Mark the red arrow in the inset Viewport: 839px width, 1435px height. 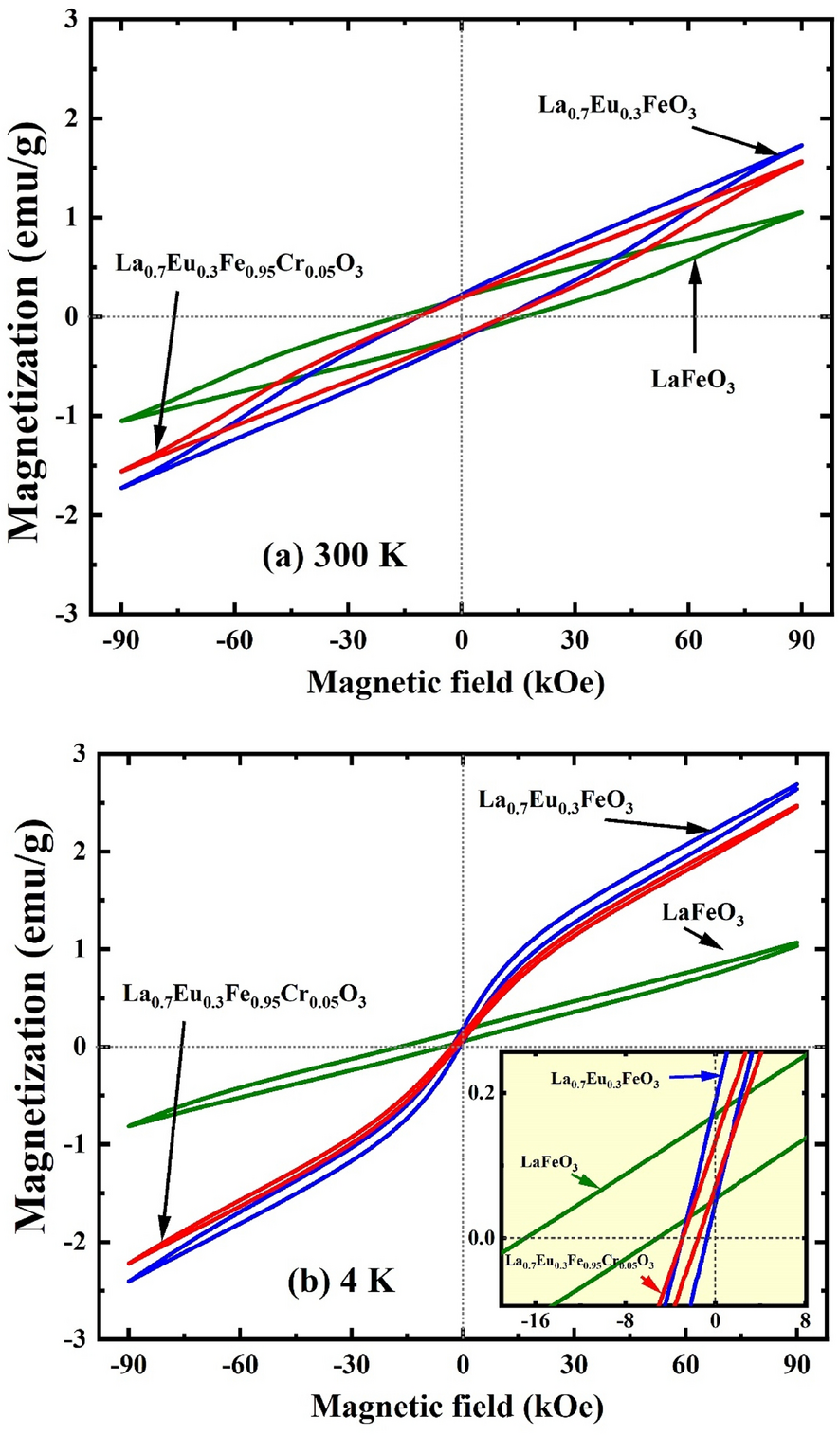647,1283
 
